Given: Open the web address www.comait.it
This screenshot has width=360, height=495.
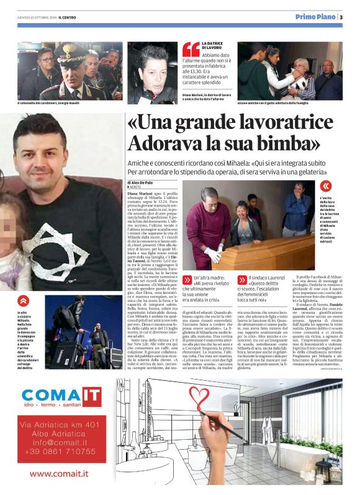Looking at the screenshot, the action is click(x=59, y=474).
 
